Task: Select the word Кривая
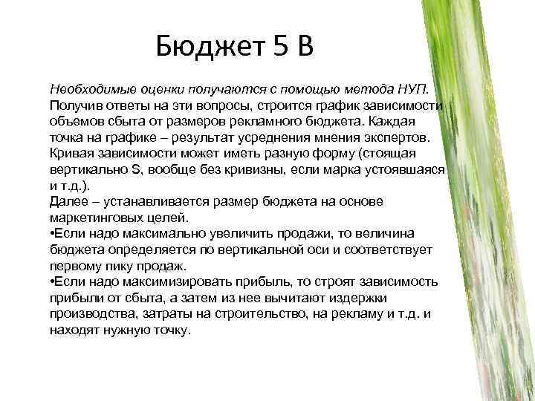71,154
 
